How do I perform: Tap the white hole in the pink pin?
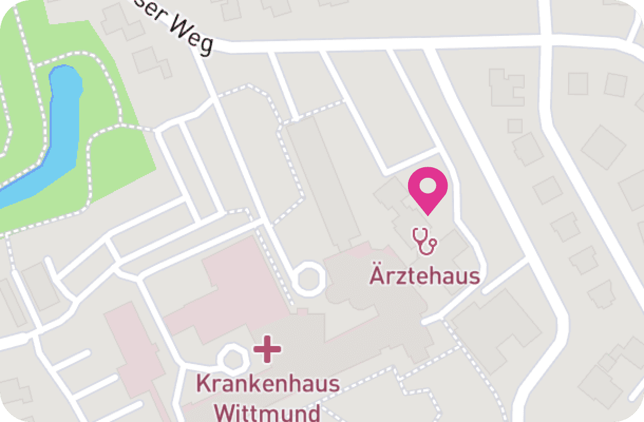428,186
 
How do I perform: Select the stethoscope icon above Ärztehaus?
424,241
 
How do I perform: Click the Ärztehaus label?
424,275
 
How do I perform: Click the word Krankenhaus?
268,383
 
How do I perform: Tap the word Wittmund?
269,411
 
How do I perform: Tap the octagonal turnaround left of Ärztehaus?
308,279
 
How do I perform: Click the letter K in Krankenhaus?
202,383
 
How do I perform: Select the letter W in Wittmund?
227,411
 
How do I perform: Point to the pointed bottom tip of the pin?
428,214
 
